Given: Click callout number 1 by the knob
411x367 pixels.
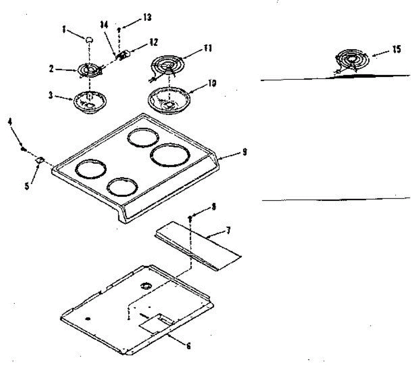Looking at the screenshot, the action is pos(64,29).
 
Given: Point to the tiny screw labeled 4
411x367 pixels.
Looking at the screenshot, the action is pos(23,149).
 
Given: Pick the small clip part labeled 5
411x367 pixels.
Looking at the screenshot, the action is pos(40,160).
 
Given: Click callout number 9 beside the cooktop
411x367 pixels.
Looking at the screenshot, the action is pos(244,152).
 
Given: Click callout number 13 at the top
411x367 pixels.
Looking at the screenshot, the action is pos(147,17).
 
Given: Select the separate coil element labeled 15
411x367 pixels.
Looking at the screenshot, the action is pos(353,61).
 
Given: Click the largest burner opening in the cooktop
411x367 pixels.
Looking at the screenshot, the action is pos(170,156).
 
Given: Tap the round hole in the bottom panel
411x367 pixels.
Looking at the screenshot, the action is pos(146,285).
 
